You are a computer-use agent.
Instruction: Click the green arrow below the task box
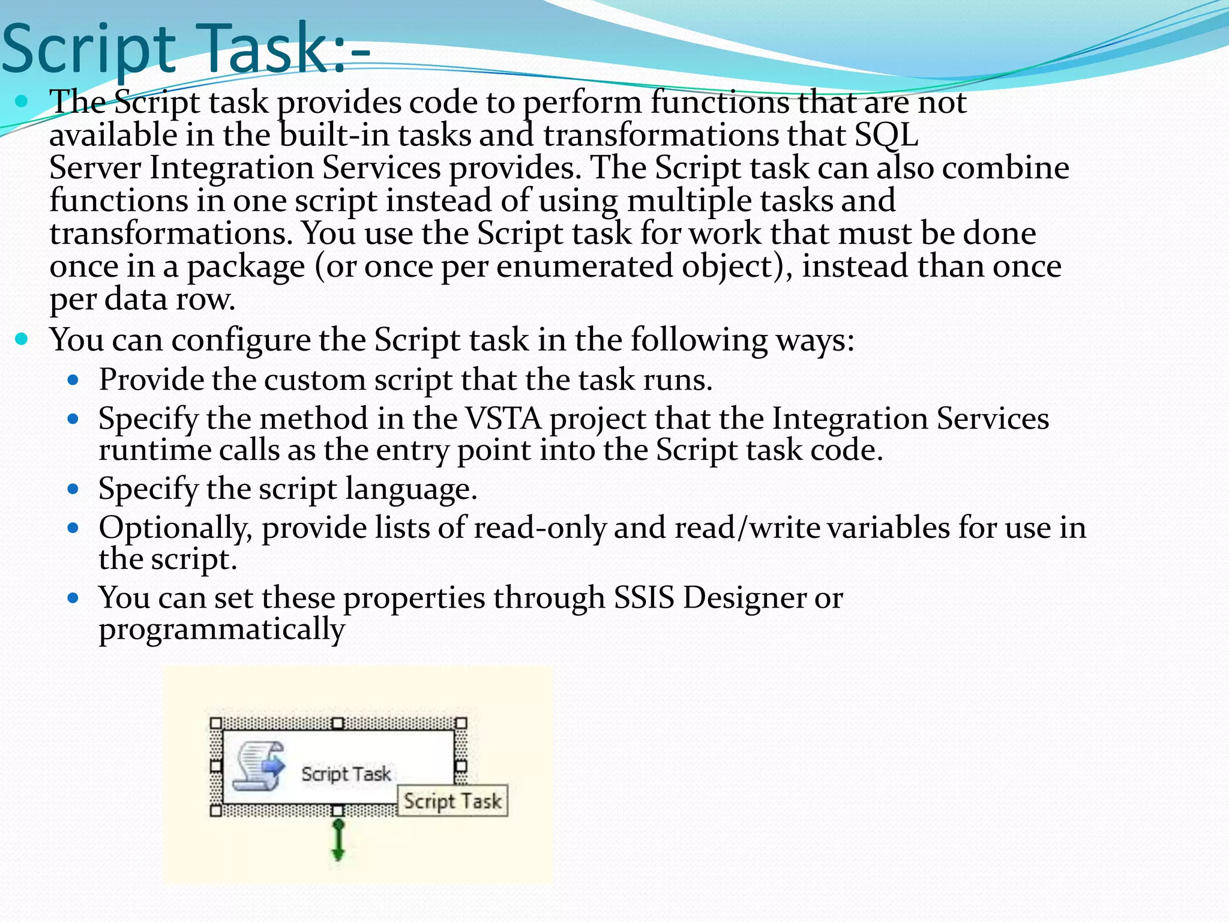coord(338,840)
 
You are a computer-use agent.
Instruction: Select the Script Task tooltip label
coord(452,801)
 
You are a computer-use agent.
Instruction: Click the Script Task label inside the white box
coord(346,774)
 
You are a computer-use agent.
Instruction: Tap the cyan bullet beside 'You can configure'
coord(22,339)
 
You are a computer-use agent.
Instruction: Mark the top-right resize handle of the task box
coord(460,723)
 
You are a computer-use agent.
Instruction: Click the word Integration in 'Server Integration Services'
coord(231,167)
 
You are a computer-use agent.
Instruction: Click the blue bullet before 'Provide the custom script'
coord(73,380)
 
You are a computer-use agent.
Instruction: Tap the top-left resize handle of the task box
coord(216,723)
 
